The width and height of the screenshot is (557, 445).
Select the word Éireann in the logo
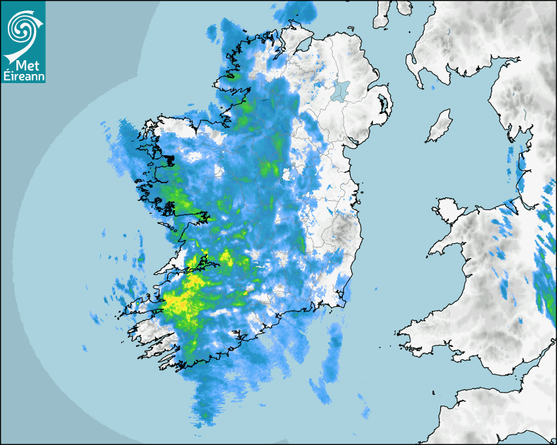coord(24,77)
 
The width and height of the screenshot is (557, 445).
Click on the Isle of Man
coord(438,126)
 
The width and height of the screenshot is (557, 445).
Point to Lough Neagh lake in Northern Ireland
coord(340,90)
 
